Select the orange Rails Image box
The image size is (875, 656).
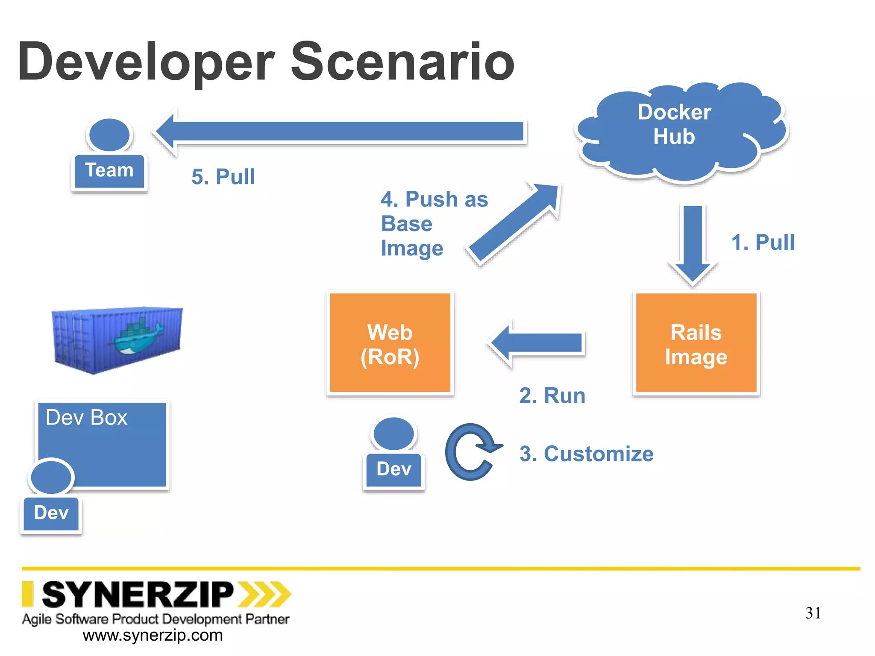[696, 344]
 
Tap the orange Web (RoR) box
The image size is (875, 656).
[390, 344]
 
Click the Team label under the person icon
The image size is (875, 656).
[109, 170]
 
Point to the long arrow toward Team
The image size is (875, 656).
[342, 132]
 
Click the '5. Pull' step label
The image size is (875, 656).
[223, 177]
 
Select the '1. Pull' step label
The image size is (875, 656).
[763, 242]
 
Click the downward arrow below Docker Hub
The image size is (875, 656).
[693, 243]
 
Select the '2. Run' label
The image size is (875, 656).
[552, 395]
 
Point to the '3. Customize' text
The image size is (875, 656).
[586, 454]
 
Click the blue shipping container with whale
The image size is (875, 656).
[117, 340]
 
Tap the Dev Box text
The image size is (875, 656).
[86, 417]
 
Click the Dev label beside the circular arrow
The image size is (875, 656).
[393, 469]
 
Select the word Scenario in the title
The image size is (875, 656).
[402, 62]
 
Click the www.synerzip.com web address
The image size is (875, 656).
[153, 635]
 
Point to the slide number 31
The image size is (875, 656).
[813, 613]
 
